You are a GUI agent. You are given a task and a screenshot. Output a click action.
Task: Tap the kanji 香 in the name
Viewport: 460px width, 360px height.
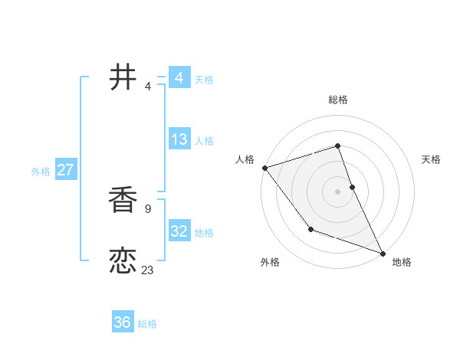(x=123, y=200)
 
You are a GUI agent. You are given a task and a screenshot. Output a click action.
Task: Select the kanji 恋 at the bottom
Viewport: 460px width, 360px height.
(x=123, y=261)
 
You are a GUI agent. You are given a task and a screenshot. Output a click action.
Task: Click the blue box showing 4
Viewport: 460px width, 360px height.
(x=179, y=78)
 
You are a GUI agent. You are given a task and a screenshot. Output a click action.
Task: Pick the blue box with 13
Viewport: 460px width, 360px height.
(x=179, y=139)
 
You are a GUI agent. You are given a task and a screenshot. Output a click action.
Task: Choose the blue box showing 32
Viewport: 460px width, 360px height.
(x=179, y=231)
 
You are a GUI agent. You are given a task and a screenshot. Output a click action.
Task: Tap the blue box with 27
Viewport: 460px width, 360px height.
(x=65, y=170)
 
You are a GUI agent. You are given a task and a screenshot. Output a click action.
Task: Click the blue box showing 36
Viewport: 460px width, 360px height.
(x=122, y=322)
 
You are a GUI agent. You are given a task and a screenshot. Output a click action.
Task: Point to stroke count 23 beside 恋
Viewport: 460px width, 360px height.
(x=147, y=270)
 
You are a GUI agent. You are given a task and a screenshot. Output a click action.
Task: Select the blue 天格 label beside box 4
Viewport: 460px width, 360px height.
(x=204, y=80)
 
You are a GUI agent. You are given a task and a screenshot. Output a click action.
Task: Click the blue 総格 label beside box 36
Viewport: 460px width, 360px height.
(x=147, y=324)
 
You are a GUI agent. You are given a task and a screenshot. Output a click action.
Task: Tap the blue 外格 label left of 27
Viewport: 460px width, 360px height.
(x=41, y=172)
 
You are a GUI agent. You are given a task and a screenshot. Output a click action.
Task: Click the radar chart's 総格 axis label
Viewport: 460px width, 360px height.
(x=338, y=100)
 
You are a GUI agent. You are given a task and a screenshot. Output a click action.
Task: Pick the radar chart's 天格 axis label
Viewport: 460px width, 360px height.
(x=431, y=159)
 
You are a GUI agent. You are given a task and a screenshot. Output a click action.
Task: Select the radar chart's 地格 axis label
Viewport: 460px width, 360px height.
(x=402, y=262)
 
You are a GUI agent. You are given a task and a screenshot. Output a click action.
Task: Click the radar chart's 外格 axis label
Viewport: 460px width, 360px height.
(x=270, y=262)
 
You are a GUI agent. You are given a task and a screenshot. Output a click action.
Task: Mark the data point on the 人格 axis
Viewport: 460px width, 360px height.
(x=264, y=168)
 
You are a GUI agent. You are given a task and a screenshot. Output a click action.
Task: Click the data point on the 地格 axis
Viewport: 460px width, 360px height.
(x=383, y=253)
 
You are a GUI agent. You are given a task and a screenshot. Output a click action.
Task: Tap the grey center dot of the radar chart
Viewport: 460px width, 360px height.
(x=338, y=191)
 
